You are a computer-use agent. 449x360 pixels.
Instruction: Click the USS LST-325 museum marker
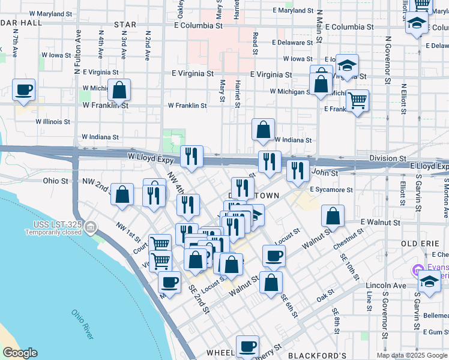(90, 227)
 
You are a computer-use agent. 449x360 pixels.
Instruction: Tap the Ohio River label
(82, 323)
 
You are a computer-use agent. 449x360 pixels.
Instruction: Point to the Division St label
(388, 158)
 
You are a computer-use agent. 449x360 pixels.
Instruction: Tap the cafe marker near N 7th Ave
(23, 90)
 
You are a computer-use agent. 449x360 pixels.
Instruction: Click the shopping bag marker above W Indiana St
(263, 129)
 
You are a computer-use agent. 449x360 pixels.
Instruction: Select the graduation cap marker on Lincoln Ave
(429, 281)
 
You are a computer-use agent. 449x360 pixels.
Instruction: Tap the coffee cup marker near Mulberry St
(247, 346)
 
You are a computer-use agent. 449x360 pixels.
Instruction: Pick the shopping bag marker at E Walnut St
(333, 216)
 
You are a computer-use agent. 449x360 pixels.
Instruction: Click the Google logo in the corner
(20, 353)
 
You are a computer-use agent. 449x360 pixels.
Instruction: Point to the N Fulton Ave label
(77, 53)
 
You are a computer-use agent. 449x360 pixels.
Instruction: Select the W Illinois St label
(53, 121)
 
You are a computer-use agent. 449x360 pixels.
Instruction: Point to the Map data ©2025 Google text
(411, 355)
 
